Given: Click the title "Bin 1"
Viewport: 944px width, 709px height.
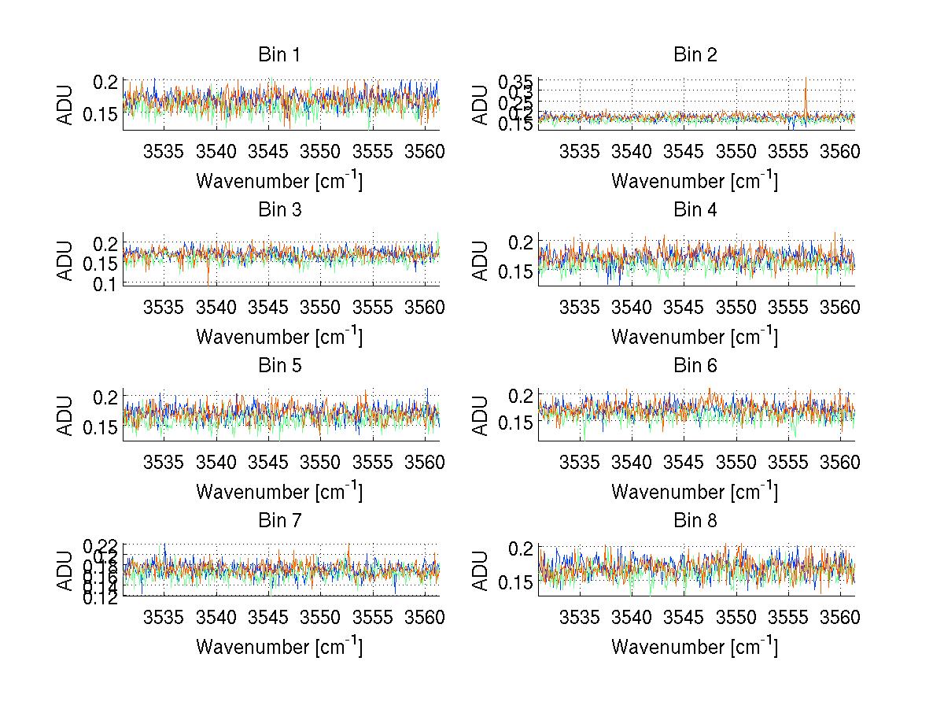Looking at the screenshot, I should (278, 55).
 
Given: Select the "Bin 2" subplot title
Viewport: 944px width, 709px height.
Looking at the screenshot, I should (695, 55).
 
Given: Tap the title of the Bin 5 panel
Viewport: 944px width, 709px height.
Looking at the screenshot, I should (278, 366).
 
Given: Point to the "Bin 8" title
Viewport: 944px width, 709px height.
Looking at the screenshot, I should (695, 521).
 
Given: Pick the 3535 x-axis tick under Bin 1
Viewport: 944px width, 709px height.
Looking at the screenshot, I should (164, 150).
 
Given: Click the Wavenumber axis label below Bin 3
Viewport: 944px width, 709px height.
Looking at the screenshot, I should (279, 337).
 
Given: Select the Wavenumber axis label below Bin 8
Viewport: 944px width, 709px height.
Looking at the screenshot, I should (695, 647).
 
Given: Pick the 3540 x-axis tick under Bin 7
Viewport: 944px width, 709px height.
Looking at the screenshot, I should (216, 616).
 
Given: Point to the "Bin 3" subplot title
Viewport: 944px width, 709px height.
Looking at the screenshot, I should (278, 210).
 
